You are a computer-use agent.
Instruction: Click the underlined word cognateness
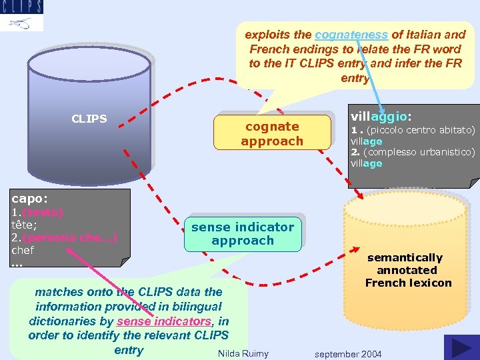tap(351, 34)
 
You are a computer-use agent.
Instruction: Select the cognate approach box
tap(272, 133)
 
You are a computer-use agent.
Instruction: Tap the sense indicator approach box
tap(243, 233)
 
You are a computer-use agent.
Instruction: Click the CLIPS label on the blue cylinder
tap(89, 119)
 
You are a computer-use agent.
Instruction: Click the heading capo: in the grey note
tap(30, 198)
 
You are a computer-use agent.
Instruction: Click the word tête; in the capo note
tap(24, 225)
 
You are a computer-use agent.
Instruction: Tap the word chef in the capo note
tap(23, 250)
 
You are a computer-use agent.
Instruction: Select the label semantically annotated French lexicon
tap(408, 270)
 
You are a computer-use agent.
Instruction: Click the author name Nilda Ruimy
tap(243, 353)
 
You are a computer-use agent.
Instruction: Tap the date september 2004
tap(348, 353)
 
